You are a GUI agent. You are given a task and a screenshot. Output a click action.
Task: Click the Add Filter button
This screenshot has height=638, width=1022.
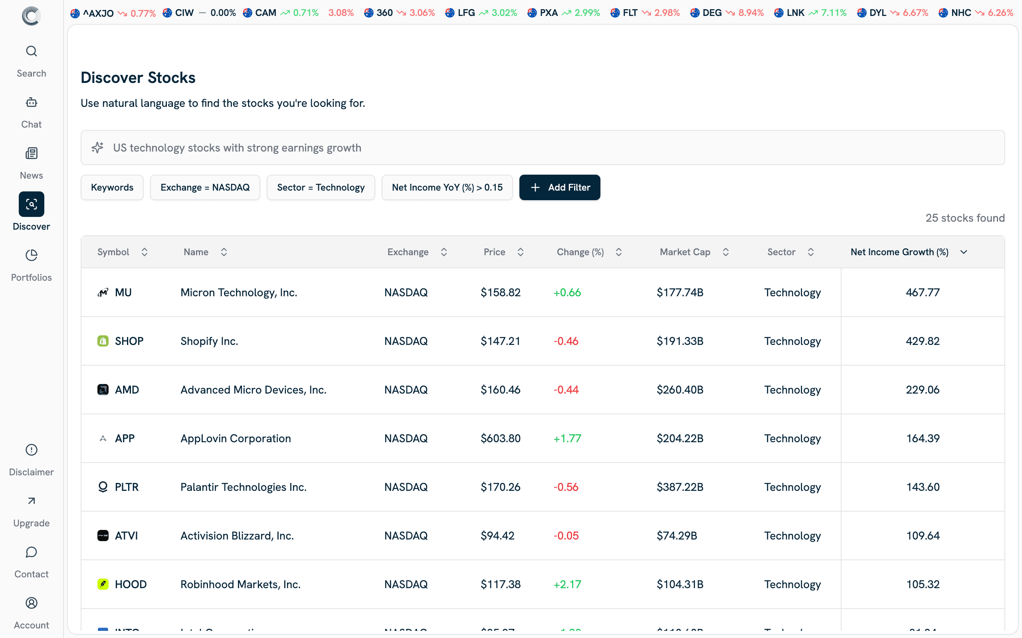[x=559, y=187]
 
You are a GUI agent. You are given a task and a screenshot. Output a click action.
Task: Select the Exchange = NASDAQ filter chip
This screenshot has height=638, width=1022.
[x=205, y=187]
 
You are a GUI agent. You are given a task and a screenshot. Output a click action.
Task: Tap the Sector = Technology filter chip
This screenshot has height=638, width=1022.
[x=321, y=187]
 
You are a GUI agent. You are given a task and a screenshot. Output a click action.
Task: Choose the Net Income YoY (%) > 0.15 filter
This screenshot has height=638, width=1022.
[x=447, y=187]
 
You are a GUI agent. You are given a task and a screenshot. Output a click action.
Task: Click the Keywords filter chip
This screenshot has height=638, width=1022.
[x=112, y=187]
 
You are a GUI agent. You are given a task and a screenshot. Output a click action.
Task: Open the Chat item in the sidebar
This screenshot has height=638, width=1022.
[x=31, y=112]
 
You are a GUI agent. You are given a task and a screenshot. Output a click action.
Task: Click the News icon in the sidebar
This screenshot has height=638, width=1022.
[x=31, y=154]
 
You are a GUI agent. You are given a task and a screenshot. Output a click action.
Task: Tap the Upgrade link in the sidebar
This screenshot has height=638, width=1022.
[x=31, y=511]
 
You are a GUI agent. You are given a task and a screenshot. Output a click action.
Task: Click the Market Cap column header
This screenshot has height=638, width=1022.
[x=685, y=252]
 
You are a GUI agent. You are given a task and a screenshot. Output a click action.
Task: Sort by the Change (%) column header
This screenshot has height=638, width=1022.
[x=580, y=252]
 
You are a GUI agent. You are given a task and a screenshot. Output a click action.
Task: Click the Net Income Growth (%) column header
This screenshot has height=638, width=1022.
[x=899, y=252]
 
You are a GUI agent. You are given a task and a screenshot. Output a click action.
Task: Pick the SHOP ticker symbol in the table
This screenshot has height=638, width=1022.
[x=129, y=341]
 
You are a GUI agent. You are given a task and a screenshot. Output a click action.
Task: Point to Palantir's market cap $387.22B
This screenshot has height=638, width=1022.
[x=679, y=487]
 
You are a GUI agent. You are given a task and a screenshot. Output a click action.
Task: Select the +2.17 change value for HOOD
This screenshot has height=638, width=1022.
[x=567, y=585]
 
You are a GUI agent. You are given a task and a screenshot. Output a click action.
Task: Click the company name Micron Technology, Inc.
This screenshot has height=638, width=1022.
[x=239, y=292]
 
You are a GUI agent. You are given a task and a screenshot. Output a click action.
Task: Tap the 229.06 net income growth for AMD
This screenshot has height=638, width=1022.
[x=922, y=390]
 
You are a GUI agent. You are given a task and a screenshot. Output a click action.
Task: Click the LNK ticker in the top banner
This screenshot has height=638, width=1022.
[x=795, y=13]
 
